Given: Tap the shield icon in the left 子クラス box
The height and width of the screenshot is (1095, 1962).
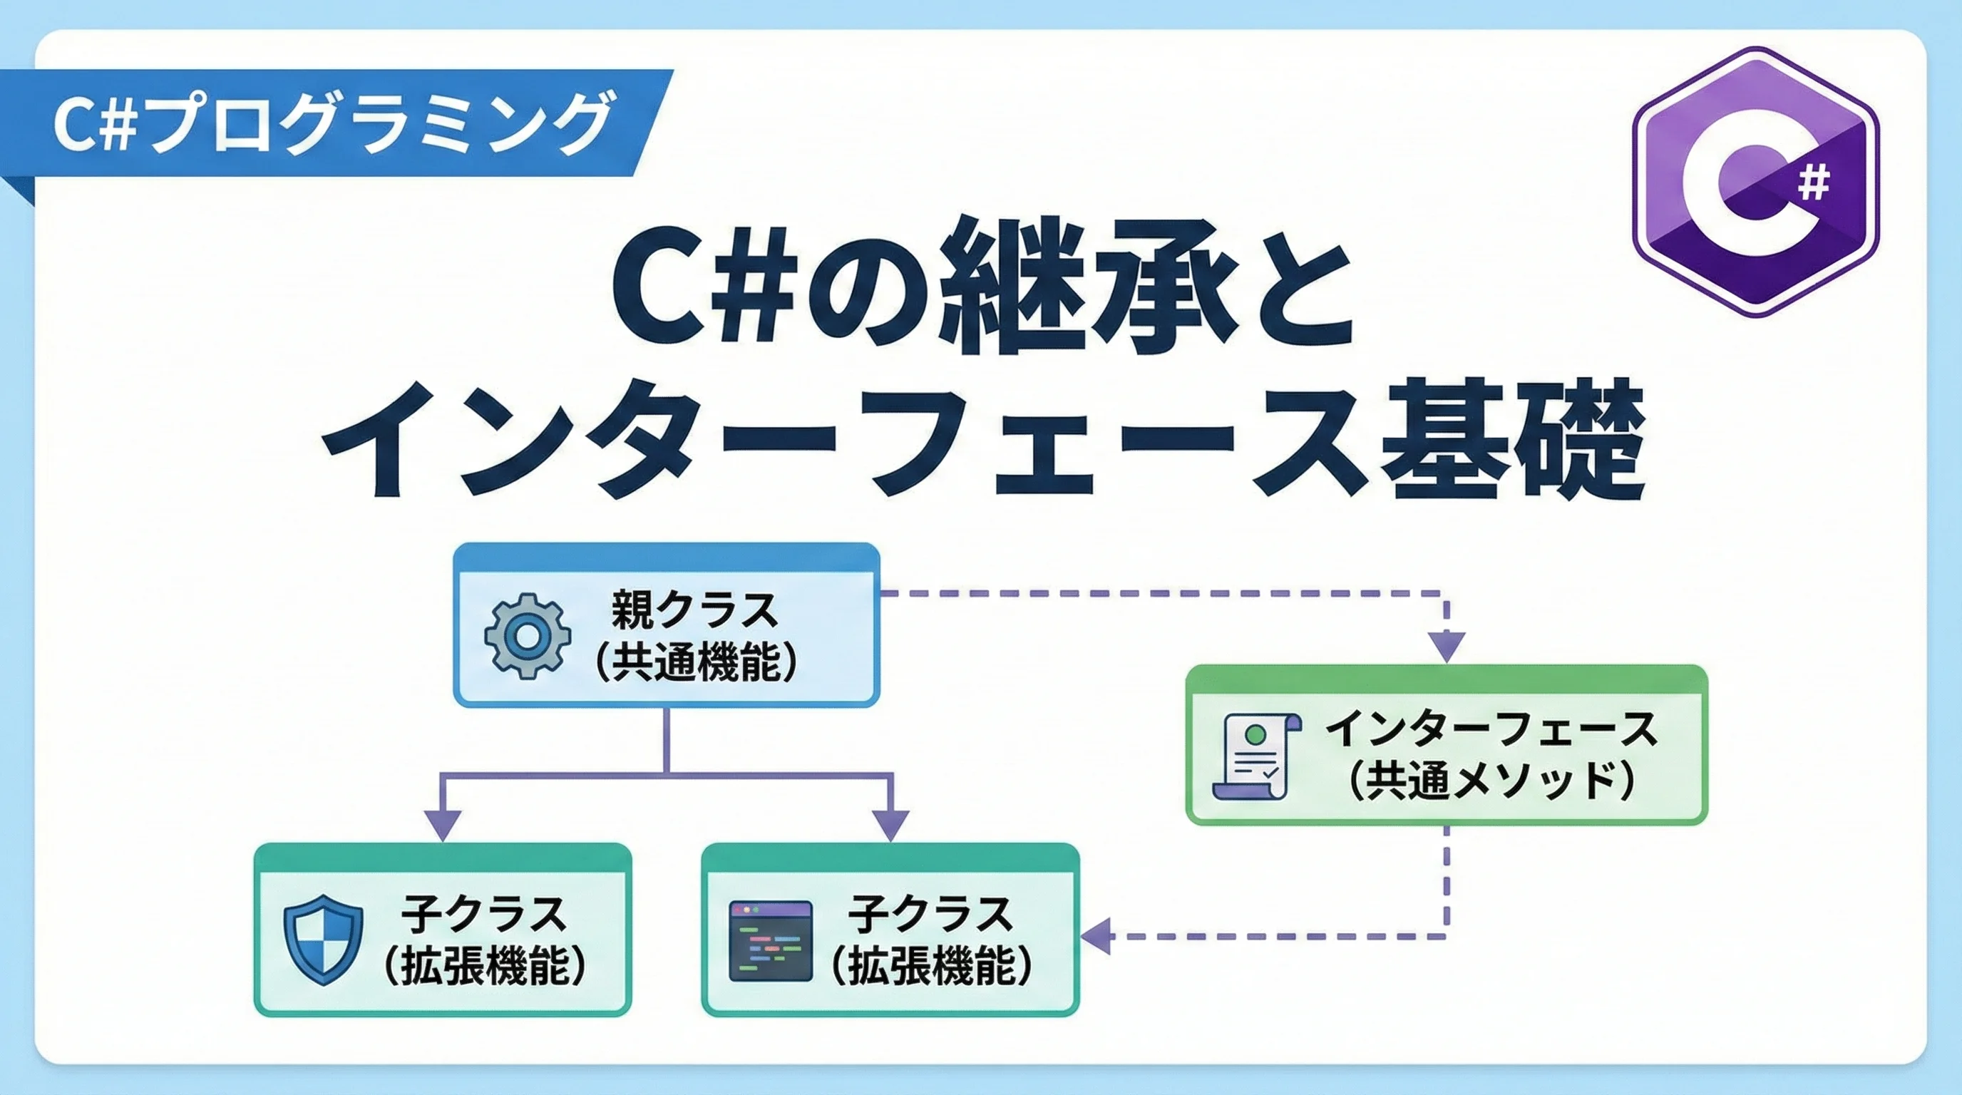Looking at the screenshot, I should (323, 940).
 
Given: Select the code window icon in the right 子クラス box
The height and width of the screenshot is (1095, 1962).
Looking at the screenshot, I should (771, 940).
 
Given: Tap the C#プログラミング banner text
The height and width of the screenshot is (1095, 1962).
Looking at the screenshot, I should (332, 123).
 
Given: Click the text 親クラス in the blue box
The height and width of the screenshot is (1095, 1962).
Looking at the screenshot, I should (694, 610).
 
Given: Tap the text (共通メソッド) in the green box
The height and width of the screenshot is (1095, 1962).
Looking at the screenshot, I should (1492, 781).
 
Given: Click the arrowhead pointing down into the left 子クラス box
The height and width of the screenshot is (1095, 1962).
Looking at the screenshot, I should (443, 826).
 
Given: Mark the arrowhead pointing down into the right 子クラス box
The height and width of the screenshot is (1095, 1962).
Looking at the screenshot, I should (890, 826).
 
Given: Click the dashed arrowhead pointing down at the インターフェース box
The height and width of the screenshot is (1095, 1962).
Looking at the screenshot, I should (1446, 647).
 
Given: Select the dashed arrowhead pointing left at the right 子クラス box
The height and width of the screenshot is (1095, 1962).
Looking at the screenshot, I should (1096, 936).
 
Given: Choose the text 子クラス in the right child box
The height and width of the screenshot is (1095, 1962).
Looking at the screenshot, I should (930, 914).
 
